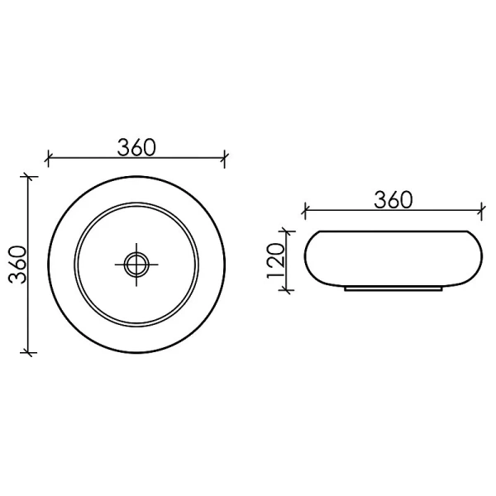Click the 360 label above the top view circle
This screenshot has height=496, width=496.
click(x=136, y=147)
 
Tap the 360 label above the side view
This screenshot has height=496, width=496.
click(x=393, y=199)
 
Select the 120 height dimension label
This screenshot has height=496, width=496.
click(x=276, y=260)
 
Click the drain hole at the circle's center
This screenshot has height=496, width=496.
click(x=136, y=265)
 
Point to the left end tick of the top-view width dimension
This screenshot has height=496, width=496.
click(x=49, y=157)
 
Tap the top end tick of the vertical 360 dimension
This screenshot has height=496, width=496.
click(x=31, y=176)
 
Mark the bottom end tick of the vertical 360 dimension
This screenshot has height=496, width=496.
click(x=31, y=353)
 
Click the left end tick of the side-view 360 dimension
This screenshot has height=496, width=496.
click(x=306, y=210)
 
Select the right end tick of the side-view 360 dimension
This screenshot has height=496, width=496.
click(x=481, y=210)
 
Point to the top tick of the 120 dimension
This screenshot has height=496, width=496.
click(x=287, y=231)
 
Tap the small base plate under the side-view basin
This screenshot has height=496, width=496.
click(x=393, y=290)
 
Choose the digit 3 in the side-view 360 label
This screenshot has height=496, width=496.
click(x=381, y=199)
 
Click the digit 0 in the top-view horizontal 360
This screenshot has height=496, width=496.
click(x=150, y=147)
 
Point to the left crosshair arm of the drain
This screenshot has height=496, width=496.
click(x=117, y=265)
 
